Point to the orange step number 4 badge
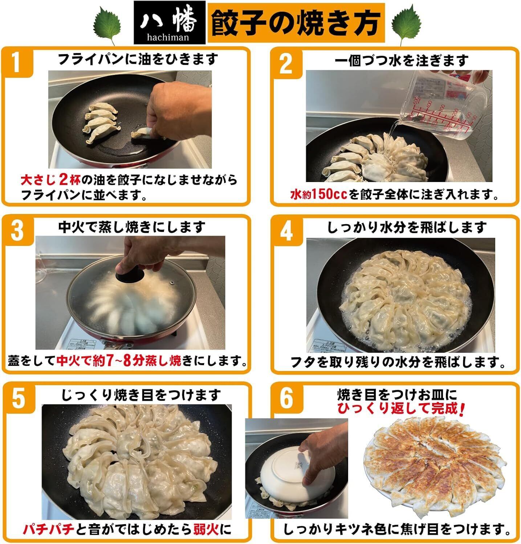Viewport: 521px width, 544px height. (x=287, y=231)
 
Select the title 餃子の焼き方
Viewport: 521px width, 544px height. (x=296, y=23)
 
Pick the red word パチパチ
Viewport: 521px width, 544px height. (x=49, y=530)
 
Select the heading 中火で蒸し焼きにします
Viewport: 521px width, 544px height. (x=132, y=227)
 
